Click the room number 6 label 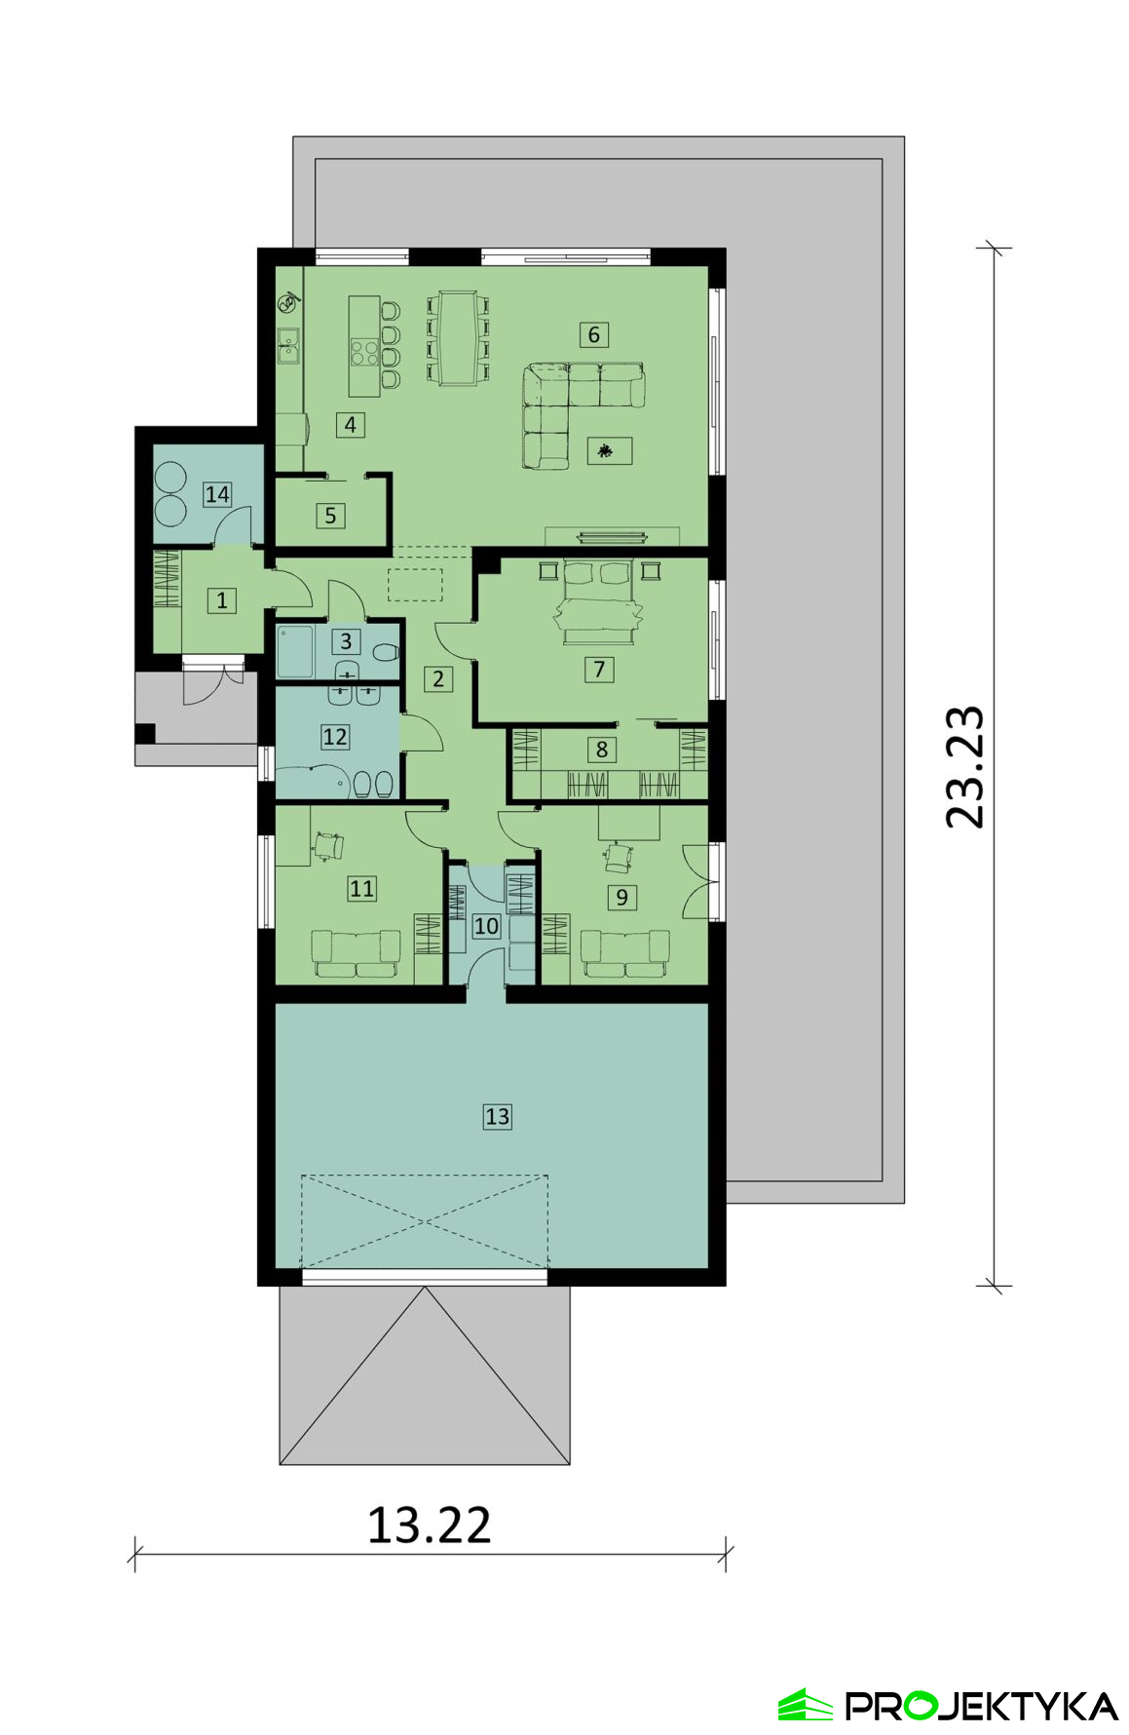(x=594, y=334)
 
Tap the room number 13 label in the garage (x=497, y=1116)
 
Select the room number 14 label (x=217, y=494)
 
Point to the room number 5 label (x=330, y=516)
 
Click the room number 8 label (x=602, y=749)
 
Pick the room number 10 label (x=486, y=926)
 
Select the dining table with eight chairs (x=457, y=337)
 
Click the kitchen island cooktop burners (x=365, y=351)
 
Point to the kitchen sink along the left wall (x=288, y=345)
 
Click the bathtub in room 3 (x=295, y=650)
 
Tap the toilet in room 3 (x=386, y=652)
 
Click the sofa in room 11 (x=356, y=953)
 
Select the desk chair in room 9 (x=619, y=858)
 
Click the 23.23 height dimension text (x=965, y=767)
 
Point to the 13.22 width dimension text (x=429, y=1525)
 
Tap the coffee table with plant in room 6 (x=610, y=450)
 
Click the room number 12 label (x=335, y=737)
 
